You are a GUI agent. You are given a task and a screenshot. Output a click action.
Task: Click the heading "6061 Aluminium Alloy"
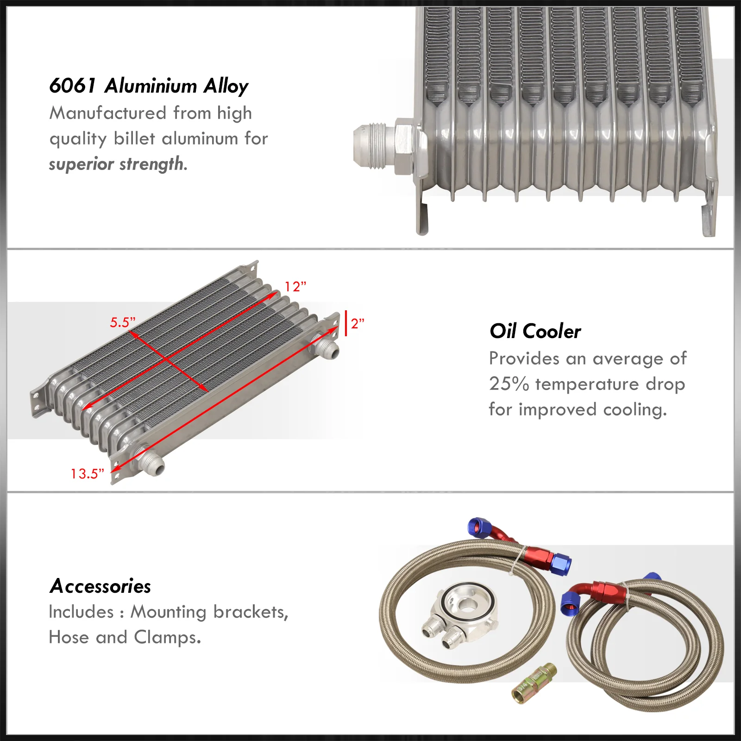[x=149, y=86]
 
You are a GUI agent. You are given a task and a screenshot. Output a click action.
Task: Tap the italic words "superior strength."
[x=118, y=164]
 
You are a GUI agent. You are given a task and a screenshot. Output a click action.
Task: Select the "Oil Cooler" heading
[x=535, y=332]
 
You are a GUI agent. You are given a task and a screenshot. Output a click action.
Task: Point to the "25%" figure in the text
[x=509, y=384]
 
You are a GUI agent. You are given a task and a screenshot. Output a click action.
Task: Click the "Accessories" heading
[x=100, y=586]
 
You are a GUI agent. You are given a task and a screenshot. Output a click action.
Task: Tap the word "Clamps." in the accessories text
[x=168, y=638]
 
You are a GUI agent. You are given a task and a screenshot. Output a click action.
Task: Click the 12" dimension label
[x=295, y=287]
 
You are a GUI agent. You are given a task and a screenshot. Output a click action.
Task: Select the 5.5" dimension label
[x=122, y=322]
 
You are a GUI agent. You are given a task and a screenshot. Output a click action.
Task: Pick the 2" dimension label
[x=358, y=323]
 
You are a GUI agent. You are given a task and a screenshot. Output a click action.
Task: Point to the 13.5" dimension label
[x=87, y=474]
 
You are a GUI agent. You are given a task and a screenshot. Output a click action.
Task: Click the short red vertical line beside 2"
[x=346, y=323]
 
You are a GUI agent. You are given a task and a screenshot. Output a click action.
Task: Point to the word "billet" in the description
[x=135, y=138]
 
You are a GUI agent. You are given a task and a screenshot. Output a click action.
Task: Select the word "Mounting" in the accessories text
[x=169, y=612]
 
